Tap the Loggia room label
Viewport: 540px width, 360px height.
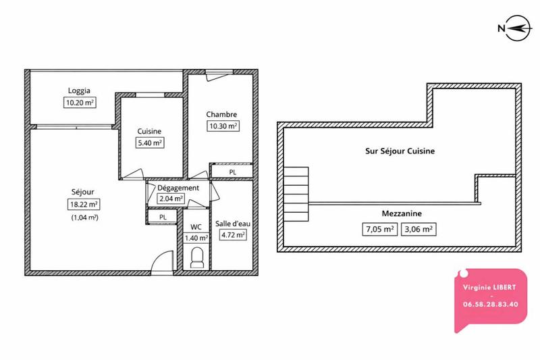79,91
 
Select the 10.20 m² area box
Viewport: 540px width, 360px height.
80,103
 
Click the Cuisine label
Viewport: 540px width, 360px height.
149,131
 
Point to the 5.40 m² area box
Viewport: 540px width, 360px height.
151,143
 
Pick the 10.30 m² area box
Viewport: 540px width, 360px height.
223,126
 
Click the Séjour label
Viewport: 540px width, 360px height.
84,190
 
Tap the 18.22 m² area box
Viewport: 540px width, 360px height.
84,203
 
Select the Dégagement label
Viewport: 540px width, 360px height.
178,188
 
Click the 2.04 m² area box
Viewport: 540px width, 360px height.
171,199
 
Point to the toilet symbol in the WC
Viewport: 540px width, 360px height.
198,257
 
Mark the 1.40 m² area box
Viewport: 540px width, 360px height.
196,238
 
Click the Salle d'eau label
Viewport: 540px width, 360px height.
231,224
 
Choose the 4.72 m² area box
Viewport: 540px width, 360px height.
231,236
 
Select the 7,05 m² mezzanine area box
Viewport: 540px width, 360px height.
379,228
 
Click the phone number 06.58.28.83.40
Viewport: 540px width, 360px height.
491,304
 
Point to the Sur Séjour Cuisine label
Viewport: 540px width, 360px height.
395,151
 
